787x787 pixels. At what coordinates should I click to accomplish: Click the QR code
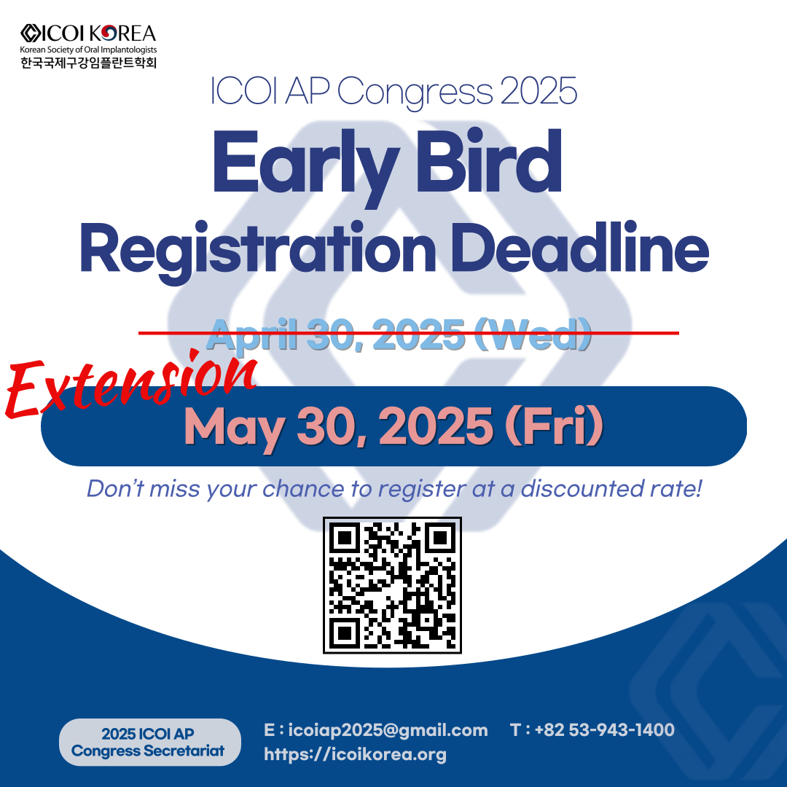(392, 585)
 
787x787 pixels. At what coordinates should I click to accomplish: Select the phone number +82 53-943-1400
(604, 729)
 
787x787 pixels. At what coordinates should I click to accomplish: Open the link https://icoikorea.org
(356, 754)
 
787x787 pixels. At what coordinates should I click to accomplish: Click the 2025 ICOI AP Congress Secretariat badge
(149, 742)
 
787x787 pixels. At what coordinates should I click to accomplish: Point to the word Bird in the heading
(489, 162)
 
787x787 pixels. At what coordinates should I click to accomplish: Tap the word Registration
(257, 251)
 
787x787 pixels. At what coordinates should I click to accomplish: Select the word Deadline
(580, 246)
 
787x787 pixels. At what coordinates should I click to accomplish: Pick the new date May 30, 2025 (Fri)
(394, 427)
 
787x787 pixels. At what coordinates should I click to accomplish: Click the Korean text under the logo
(88, 63)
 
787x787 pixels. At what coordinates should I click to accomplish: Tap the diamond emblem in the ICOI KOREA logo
(31, 33)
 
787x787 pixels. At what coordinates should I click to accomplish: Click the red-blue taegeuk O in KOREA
(109, 34)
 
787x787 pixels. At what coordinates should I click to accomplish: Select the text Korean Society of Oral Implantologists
(88, 50)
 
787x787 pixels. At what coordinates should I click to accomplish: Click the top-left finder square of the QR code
(345, 538)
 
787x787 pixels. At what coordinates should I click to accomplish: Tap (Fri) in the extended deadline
(554, 426)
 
